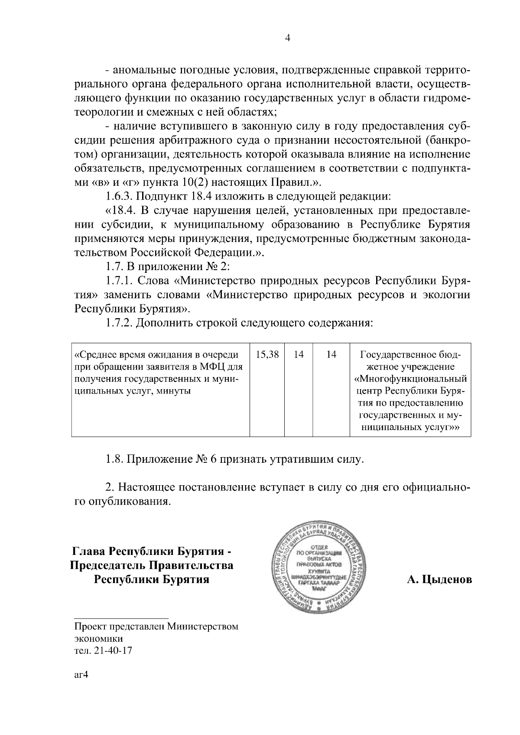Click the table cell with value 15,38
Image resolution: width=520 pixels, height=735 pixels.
coord(267,355)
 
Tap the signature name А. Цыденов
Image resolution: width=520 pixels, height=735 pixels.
coord(439,579)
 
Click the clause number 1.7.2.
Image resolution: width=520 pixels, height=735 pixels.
coord(119,323)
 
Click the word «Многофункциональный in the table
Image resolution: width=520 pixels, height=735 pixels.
coord(410,379)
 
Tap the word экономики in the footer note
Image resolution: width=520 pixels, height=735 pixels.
coord(98,638)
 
